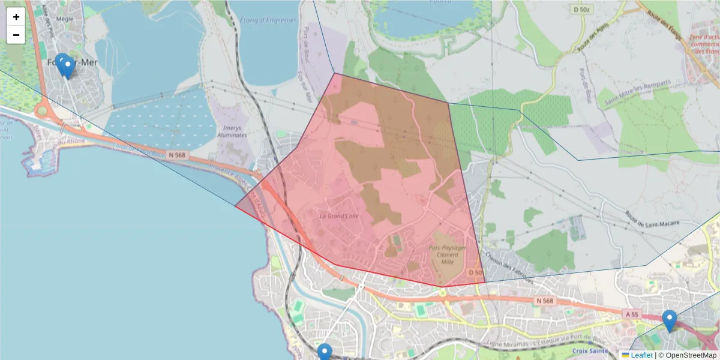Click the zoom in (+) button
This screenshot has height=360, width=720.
pos(16,17)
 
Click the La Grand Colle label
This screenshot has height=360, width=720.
pos(339,216)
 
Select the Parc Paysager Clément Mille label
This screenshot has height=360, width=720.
pos(447,254)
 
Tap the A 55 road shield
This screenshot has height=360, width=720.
pos(632,314)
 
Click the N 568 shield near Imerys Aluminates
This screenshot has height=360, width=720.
pos(178,155)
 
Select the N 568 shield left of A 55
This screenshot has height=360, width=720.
pos(544,301)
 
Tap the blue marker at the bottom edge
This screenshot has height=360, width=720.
pos(325,352)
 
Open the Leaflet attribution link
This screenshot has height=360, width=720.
pos(641,355)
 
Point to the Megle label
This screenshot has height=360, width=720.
pos(64,19)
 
